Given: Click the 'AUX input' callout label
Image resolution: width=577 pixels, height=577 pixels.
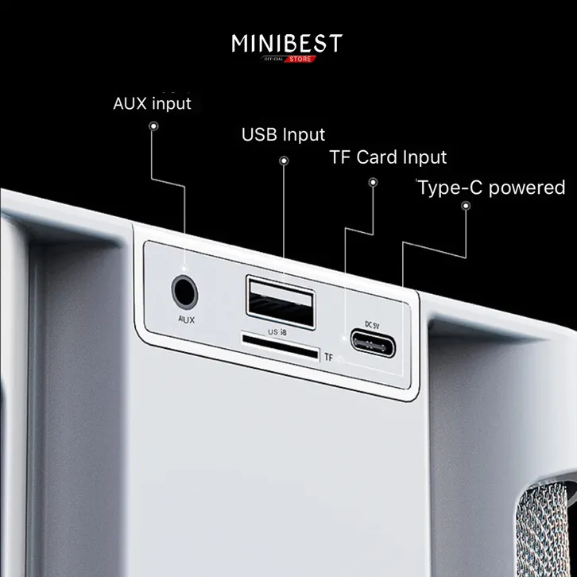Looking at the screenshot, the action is (153, 103).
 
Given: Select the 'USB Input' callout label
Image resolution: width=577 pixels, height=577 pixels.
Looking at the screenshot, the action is (283, 134).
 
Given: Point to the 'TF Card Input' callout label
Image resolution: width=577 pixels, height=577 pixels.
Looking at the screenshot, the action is (388, 157).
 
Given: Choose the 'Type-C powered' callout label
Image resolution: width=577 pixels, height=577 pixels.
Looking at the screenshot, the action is (491, 188).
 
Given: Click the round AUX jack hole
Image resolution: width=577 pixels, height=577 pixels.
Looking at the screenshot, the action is (184, 292).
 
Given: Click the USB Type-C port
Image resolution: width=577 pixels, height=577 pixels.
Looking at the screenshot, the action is (379, 343).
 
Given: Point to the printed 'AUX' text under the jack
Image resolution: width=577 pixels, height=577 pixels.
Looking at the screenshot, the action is (186, 319).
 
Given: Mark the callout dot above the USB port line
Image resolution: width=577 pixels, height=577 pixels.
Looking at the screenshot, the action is (284, 161).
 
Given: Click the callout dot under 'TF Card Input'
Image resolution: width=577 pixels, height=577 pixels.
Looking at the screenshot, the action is (372, 183).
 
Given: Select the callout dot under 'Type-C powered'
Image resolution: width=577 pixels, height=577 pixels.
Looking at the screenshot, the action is (467, 206).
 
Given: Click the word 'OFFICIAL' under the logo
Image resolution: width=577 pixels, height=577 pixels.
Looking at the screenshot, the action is (275, 58).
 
